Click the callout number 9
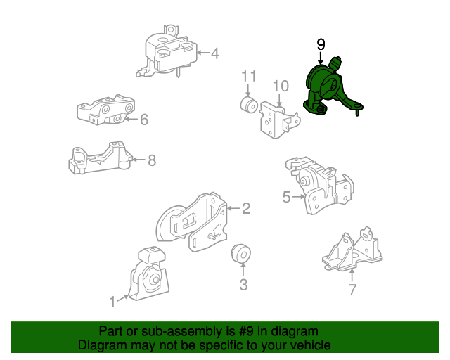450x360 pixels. (x=321, y=45)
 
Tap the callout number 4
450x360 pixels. (x=214, y=53)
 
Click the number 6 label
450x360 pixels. (x=144, y=120)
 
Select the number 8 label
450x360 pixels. (x=151, y=160)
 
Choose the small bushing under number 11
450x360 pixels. (x=248, y=105)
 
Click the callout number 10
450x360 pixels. (x=281, y=86)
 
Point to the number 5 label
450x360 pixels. (x=286, y=198)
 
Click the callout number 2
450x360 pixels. (x=246, y=208)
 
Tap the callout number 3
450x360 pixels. (x=243, y=285)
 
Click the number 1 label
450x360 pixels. (x=112, y=302)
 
